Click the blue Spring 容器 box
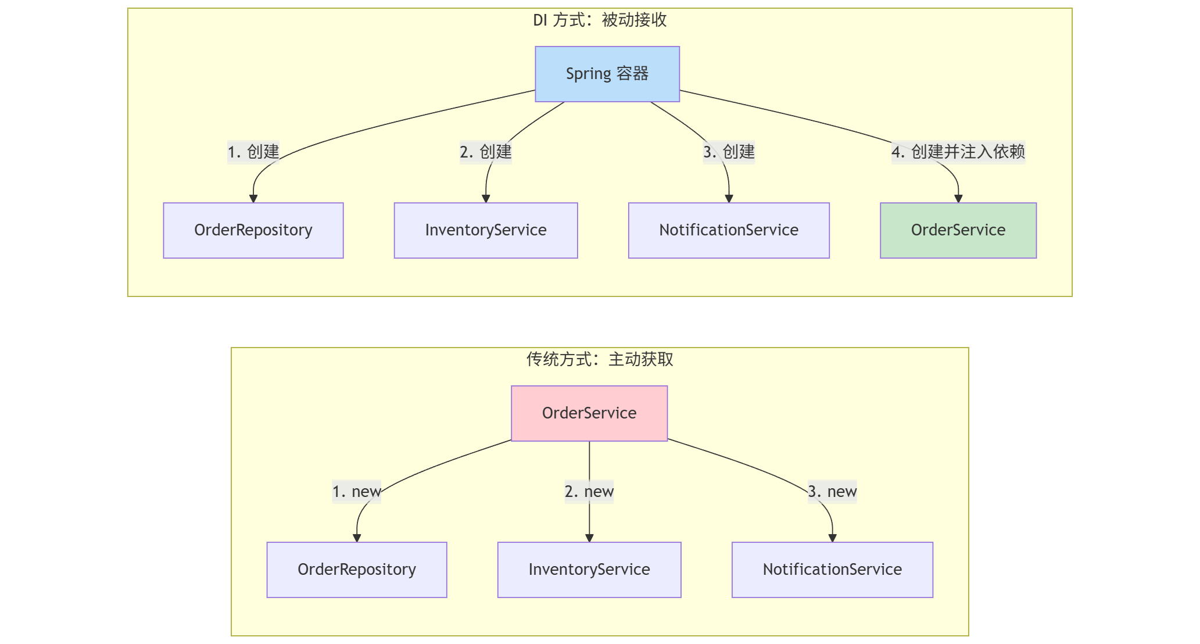[x=607, y=74]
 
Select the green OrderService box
[x=958, y=230]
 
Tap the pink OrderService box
[x=589, y=413]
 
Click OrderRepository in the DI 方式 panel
[x=253, y=230]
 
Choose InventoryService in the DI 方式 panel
[x=485, y=230]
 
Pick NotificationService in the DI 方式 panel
[x=728, y=230]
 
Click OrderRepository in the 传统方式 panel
[x=356, y=570]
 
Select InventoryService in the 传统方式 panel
[x=589, y=570]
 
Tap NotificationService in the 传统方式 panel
[x=832, y=570]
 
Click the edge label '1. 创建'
[x=253, y=152]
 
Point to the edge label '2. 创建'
[x=485, y=152]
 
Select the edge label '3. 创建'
[x=728, y=152]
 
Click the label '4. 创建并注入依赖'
[x=958, y=152]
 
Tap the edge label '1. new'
[x=356, y=492]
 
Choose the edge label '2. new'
[x=589, y=492]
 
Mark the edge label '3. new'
[x=832, y=492]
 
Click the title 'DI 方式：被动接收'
[x=599, y=20]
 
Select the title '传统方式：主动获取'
[x=599, y=360]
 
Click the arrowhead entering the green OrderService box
[x=958, y=199]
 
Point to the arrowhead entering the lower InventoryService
[x=589, y=538]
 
